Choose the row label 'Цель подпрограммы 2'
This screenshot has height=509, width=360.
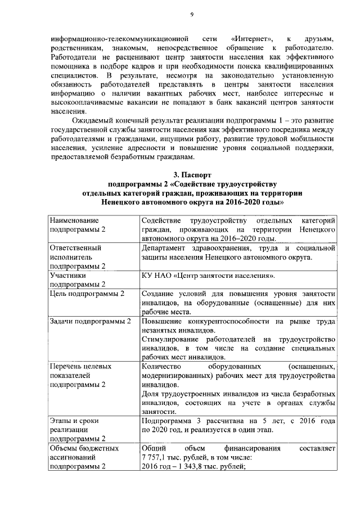(x=87, y=294)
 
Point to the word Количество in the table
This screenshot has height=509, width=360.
(x=163, y=367)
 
